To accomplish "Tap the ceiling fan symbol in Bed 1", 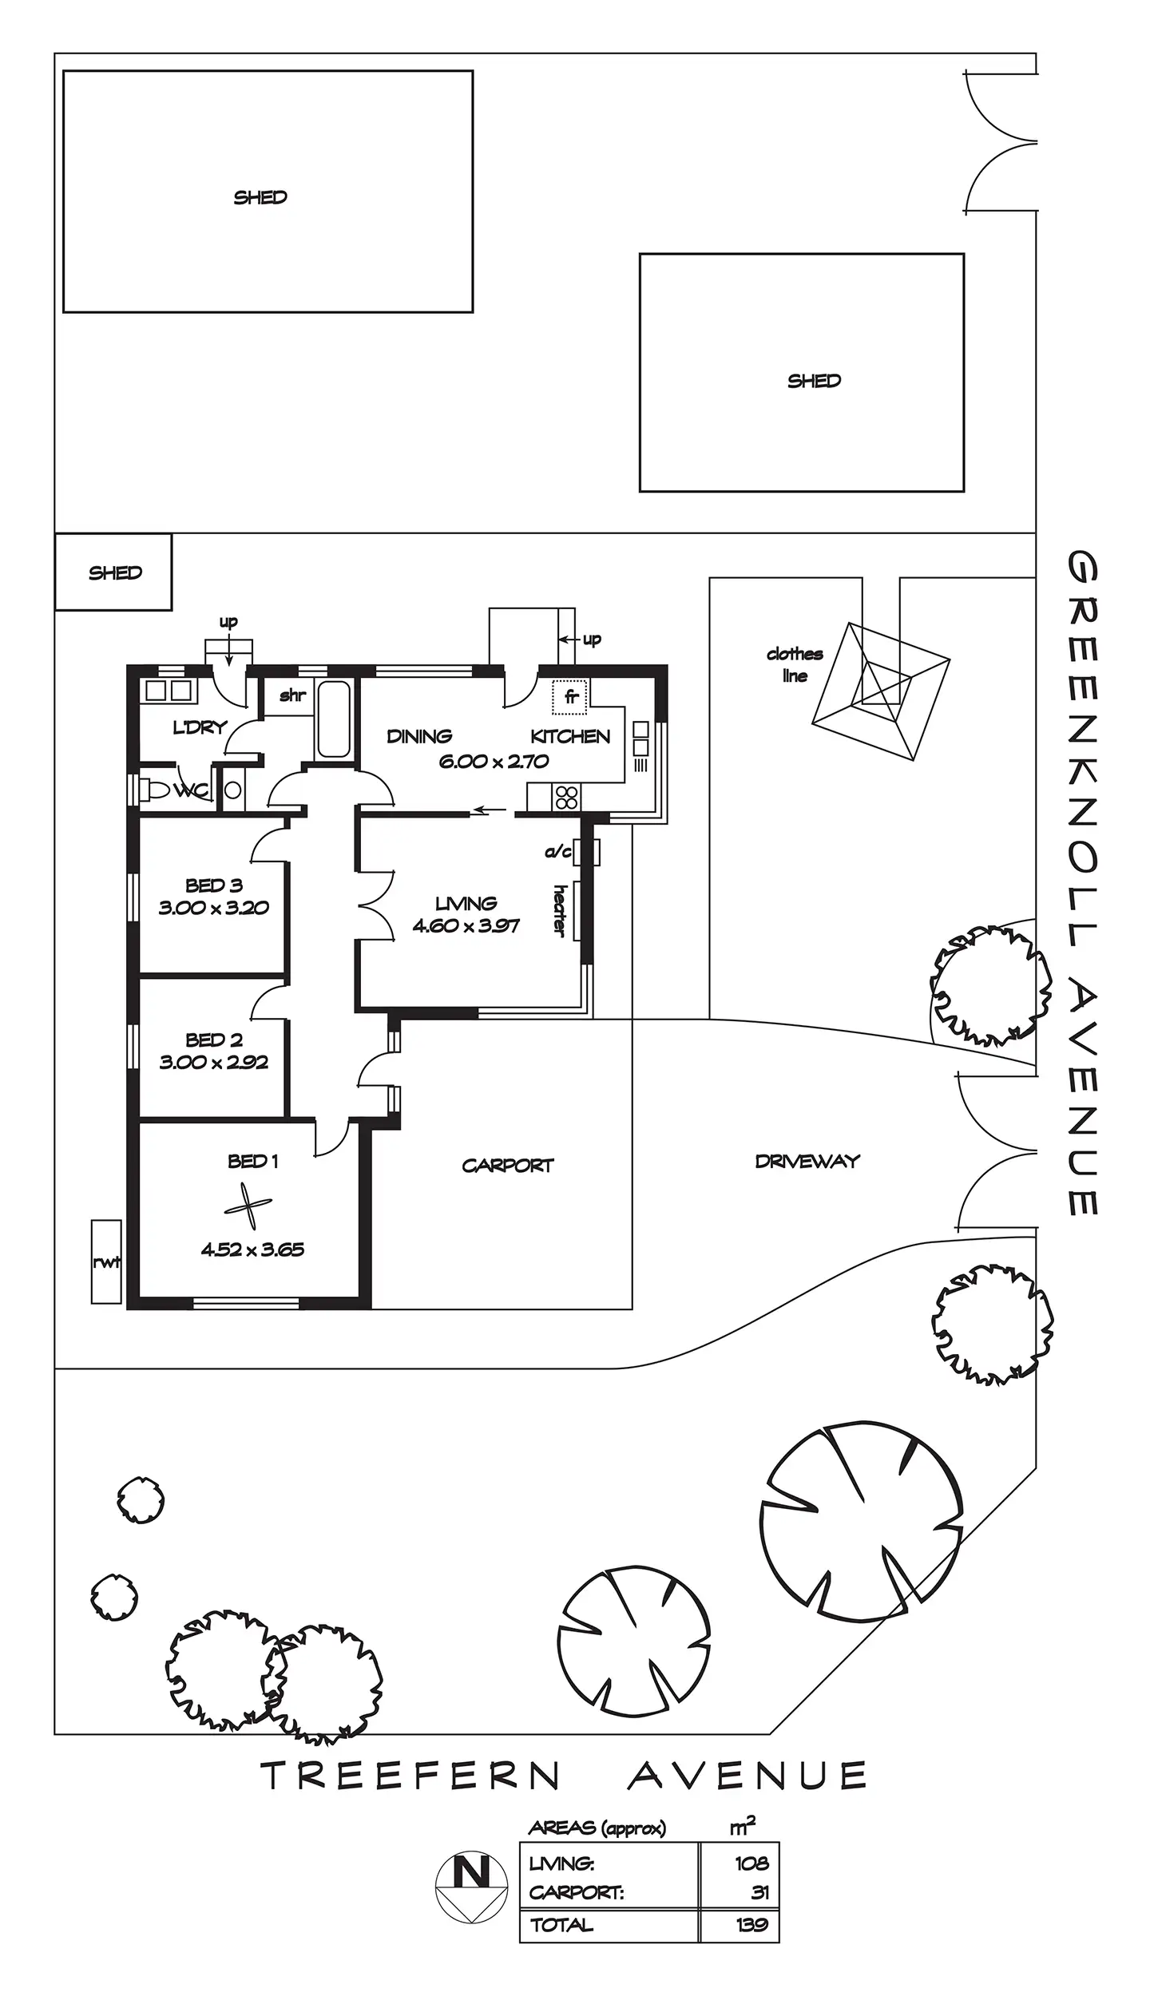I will (248, 1207).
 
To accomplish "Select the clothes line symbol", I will (880, 691).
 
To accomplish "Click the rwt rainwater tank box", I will (106, 1261).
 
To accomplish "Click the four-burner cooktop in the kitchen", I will (567, 797).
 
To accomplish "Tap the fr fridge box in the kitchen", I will (570, 697).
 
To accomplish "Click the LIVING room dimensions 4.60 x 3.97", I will (466, 926).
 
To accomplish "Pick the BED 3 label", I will (213, 885).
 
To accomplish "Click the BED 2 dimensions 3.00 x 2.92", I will (213, 1062).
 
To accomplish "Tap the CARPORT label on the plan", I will (507, 1166).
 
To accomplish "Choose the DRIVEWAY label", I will (807, 1162).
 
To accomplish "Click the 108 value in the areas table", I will (751, 1863).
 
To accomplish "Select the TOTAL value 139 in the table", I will (751, 1924).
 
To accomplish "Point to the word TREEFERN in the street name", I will (410, 1776).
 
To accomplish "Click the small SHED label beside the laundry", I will (115, 572).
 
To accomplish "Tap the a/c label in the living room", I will (557, 852).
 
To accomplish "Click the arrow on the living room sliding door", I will (489, 812).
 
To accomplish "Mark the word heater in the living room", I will (559, 910).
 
